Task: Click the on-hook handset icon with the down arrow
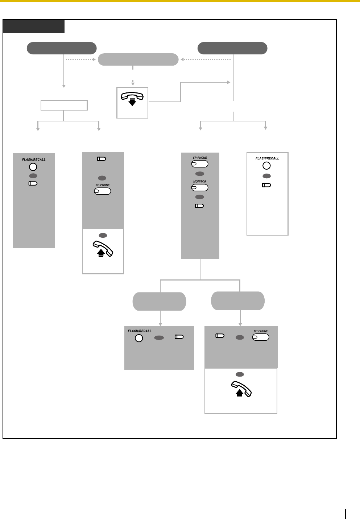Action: coord(132,98)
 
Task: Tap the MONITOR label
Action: coord(200,181)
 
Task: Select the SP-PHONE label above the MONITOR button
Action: coord(200,158)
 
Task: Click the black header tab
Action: coord(34,26)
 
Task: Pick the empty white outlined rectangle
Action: coord(64,105)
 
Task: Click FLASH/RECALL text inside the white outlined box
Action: coord(267,158)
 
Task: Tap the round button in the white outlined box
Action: coord(266,166)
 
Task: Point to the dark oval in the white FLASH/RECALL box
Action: coord(266,176)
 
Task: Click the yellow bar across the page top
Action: coord(180,1)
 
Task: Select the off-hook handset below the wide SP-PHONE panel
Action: coord(241,390)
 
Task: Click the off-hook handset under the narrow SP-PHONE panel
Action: coord(103,249)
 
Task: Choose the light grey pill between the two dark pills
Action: coord(138,59)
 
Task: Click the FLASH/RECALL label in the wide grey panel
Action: coord(140,331)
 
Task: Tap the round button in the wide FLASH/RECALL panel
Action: coord(139,338)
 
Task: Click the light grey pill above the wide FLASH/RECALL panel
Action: coord(160,301)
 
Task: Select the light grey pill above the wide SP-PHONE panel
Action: coord(238,300)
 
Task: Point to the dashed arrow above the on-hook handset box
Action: coord(133,82)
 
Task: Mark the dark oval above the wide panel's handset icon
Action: coord(240,374)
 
